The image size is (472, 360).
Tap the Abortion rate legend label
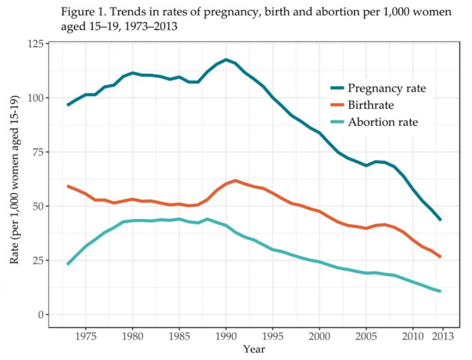pos(383,122)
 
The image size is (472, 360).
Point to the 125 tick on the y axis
pos(35,44)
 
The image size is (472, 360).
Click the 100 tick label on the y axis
pos(35,98)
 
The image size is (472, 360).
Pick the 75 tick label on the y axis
pos(37,152)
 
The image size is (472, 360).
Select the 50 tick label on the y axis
pos(37,206)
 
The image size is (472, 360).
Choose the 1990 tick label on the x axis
pos(226,337)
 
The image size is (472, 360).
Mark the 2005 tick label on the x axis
pos(366,337)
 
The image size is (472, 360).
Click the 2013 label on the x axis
pos(442,337)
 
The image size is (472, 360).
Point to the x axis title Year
pos(254,350)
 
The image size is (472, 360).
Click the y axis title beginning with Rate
pos(15,179)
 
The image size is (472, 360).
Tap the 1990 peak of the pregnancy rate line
pos(226,60)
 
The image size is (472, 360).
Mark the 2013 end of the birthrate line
pos(440,257)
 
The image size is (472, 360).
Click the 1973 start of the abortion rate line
pos(68,264)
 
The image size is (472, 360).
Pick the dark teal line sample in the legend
pos(332,88)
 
